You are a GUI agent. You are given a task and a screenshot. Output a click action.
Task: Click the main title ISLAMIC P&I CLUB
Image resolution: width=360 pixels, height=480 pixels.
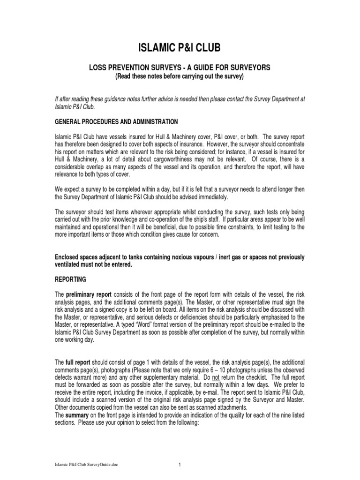[x=180, y=47]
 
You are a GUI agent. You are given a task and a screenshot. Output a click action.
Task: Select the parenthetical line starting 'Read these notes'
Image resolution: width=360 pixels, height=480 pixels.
[x=180, y=76]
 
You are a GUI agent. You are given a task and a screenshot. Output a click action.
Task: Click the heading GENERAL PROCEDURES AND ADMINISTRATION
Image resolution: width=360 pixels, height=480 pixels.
[x=116, y=122]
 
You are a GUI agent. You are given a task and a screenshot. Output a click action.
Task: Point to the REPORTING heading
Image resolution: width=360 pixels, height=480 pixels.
[x=70, y=279]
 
